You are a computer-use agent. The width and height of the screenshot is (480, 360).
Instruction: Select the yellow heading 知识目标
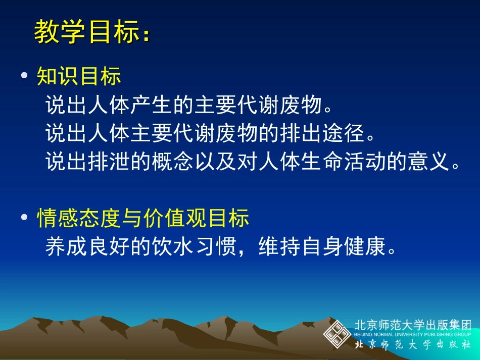(x=79, y=76)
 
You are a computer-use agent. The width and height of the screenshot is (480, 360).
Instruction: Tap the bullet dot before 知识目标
(x=24, y=76)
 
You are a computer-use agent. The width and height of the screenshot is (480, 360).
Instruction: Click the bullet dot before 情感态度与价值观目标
(x=24, y=218)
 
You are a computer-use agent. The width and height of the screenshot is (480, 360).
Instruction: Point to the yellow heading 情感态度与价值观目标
(x=143, y=218)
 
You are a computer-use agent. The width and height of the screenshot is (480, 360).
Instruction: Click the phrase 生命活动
(x=359, y=162)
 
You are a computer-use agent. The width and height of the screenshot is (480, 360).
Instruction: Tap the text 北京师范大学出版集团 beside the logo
(x=413, y=325)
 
